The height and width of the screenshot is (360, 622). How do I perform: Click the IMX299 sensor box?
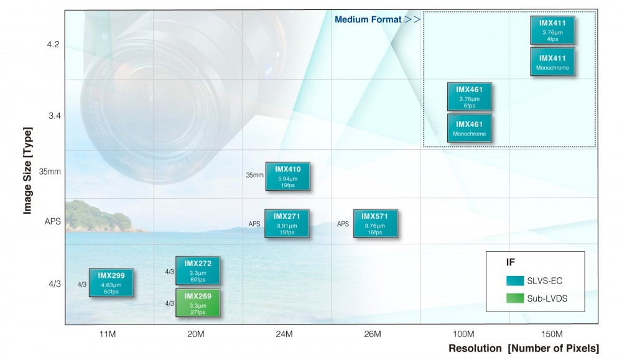111,283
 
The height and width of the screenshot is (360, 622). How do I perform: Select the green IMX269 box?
198,303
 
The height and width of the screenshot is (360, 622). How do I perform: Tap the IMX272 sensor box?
198,270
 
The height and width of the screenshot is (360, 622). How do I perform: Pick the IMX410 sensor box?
287,176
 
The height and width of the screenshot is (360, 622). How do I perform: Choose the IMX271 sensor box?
287,224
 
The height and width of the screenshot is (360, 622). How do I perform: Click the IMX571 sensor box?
375,224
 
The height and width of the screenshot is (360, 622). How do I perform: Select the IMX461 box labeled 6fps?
470,96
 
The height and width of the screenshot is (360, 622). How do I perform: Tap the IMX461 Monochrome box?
470,128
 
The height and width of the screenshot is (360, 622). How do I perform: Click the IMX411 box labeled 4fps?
552,30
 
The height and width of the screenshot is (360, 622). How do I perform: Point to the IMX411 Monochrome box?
552,62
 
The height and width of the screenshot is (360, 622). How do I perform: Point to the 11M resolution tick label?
108,335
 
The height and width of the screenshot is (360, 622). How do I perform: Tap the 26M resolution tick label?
373,335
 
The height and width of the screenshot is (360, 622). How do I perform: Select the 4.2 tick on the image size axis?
52,45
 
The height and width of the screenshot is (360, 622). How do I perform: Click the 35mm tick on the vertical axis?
50,172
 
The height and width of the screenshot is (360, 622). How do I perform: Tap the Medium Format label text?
369,19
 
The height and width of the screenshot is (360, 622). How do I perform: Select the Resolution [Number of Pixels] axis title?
524,348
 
